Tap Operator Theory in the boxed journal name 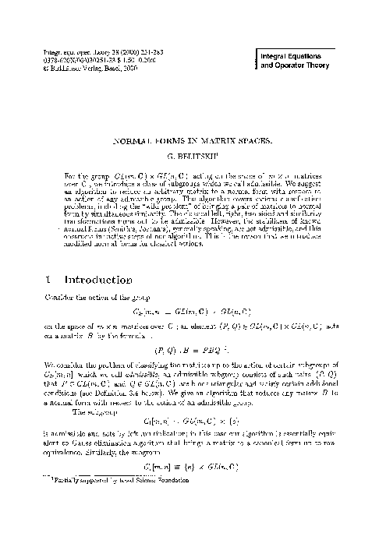pos(303,67)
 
